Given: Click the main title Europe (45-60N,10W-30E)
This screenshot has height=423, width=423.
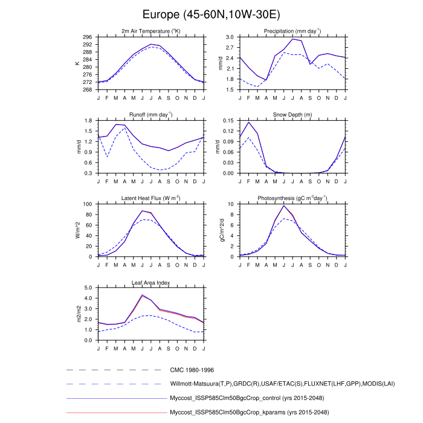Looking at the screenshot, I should [211, 14].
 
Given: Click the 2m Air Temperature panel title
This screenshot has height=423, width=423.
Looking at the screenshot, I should [150, 31].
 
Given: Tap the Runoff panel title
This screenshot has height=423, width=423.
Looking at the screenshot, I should [150, 114].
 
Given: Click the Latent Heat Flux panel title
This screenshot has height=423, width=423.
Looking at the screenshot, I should [150, 198].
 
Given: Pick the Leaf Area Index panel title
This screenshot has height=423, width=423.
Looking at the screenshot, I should [150, 282].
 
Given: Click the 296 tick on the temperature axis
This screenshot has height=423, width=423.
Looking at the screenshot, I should [88, 37].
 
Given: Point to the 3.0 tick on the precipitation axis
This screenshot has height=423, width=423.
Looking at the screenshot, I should [230, 37].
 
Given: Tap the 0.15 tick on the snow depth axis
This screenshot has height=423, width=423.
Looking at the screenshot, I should [229, 121].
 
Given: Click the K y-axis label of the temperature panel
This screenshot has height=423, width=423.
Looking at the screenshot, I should [77, 63].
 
